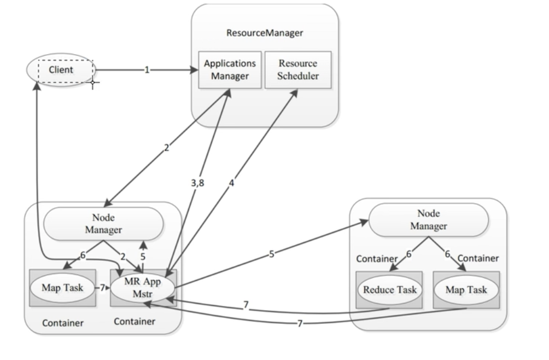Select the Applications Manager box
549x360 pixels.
pyautogui.click(x=230, y=70)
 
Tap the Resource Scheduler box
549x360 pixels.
pyautogui.click(x=298, y=70)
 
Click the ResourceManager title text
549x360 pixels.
pyautogui.click(x=265, y=33)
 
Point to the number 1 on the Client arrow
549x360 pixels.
pyautogui.click(x=146, y=71)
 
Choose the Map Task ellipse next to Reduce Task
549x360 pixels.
pyautogui.click(x=466, y=289)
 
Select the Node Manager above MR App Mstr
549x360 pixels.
pyautogui.click(x=103, y=224)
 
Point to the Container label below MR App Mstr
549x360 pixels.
pyautogui.click(x=135, y=322)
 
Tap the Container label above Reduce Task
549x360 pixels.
pyautogui.click(x=377, y=258)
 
